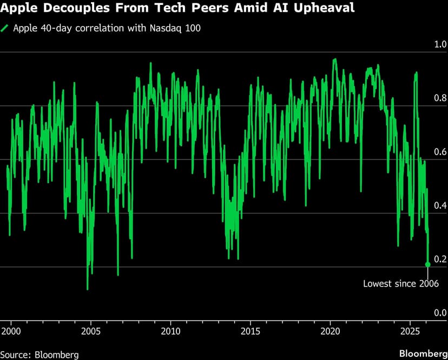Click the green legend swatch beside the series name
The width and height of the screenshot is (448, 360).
(5, 28)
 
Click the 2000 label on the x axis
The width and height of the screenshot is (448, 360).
(11, 330)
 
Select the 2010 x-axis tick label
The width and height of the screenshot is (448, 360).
(171, 330)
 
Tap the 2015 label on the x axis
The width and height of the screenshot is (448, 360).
(251, 330)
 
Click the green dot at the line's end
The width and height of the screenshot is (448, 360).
(428, 264)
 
